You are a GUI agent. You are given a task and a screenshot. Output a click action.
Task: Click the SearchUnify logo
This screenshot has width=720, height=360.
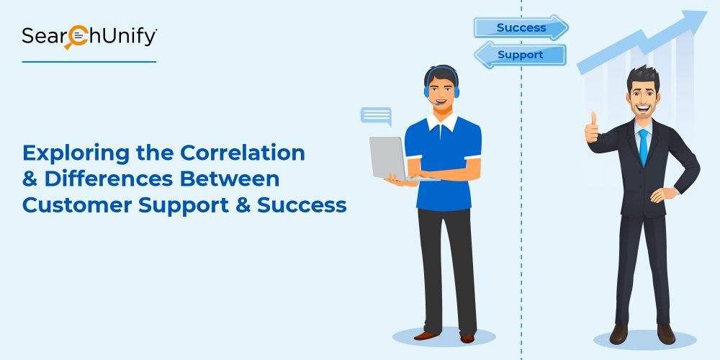pyautogui.click(x=89, y=37)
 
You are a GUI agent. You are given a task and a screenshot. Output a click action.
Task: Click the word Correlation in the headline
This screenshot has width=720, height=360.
pyautogui.click(x=242, y=153)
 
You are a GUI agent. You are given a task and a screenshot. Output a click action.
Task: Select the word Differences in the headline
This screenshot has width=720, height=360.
pyautogui.click(x=109, y=179)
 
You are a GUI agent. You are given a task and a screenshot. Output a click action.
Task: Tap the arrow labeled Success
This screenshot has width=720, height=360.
pyautogui.click(x=521, y=27)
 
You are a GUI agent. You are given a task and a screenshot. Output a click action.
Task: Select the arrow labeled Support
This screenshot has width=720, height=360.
pyautogui.click(x=520, y=55)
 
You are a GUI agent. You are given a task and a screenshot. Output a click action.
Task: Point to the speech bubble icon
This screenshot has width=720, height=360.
pyautogui.click(x=376, y=116)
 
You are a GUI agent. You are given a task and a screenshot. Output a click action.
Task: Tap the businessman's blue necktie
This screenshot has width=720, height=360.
pyautogui.click(x=643, y=146)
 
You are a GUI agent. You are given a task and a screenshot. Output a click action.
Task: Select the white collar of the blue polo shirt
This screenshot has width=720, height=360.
pyautogui.click(x=442, y=122)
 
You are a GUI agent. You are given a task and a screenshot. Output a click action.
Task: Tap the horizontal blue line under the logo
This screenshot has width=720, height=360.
pyautogui.click(x=89, y=61)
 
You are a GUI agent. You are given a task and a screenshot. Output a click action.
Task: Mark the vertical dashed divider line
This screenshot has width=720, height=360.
pyautogui.click(x=521, y=180)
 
